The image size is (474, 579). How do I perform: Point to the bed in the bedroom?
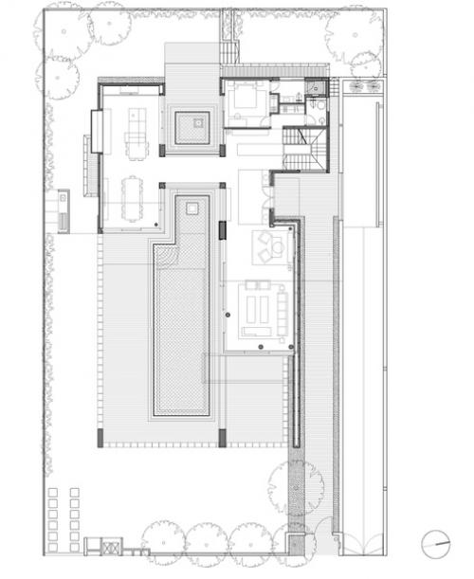(x=248, y=98)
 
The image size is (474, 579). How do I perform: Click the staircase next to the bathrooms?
(x=302, y=149)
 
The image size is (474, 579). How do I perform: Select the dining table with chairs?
(x=131, y=200)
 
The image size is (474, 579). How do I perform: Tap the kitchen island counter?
(x=137, y=130)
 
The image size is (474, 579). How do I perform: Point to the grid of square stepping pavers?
(x=64, y=516)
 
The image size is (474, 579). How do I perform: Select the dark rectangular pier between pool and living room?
(x=223, y=230)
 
